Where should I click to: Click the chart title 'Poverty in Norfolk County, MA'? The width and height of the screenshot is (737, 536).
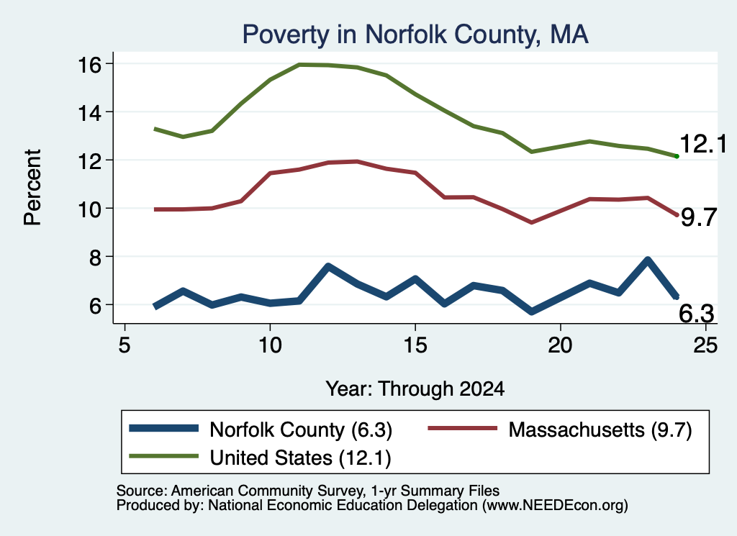click(x=415, y=35)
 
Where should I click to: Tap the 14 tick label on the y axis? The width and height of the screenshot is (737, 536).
click(x=89, y=113)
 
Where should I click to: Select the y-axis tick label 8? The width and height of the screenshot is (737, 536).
click(x=95, y=258)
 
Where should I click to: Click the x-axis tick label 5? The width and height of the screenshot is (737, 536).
click(x=124, y=345)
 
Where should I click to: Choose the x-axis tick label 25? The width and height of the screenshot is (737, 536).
click(x=705, y=345)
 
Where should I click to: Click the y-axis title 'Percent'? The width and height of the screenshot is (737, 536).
click(x=32, y=188)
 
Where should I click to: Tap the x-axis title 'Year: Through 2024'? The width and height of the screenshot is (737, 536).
click(x=415, y=389)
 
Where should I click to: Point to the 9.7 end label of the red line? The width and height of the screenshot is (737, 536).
click(x=699, y=217)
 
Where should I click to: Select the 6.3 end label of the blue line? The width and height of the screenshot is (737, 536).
click(x=697, y=314)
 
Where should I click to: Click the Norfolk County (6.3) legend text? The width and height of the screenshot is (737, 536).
click(x=301, y=430)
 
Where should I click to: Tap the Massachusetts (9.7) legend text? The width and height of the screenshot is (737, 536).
click(x=600, y=430)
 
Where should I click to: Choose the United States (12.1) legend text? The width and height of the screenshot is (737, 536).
click(x=300, y=458)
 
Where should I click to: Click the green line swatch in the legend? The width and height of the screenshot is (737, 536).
click(x=163, y=456)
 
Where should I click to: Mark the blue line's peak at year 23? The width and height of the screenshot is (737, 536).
click(x=648, y=260)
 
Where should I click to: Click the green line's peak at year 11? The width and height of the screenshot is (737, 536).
click(x=299, y=64)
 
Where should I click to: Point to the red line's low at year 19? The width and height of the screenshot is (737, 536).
click(x=532, y=222)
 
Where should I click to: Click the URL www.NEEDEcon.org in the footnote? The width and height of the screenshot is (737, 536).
click(x=555, y=506)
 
